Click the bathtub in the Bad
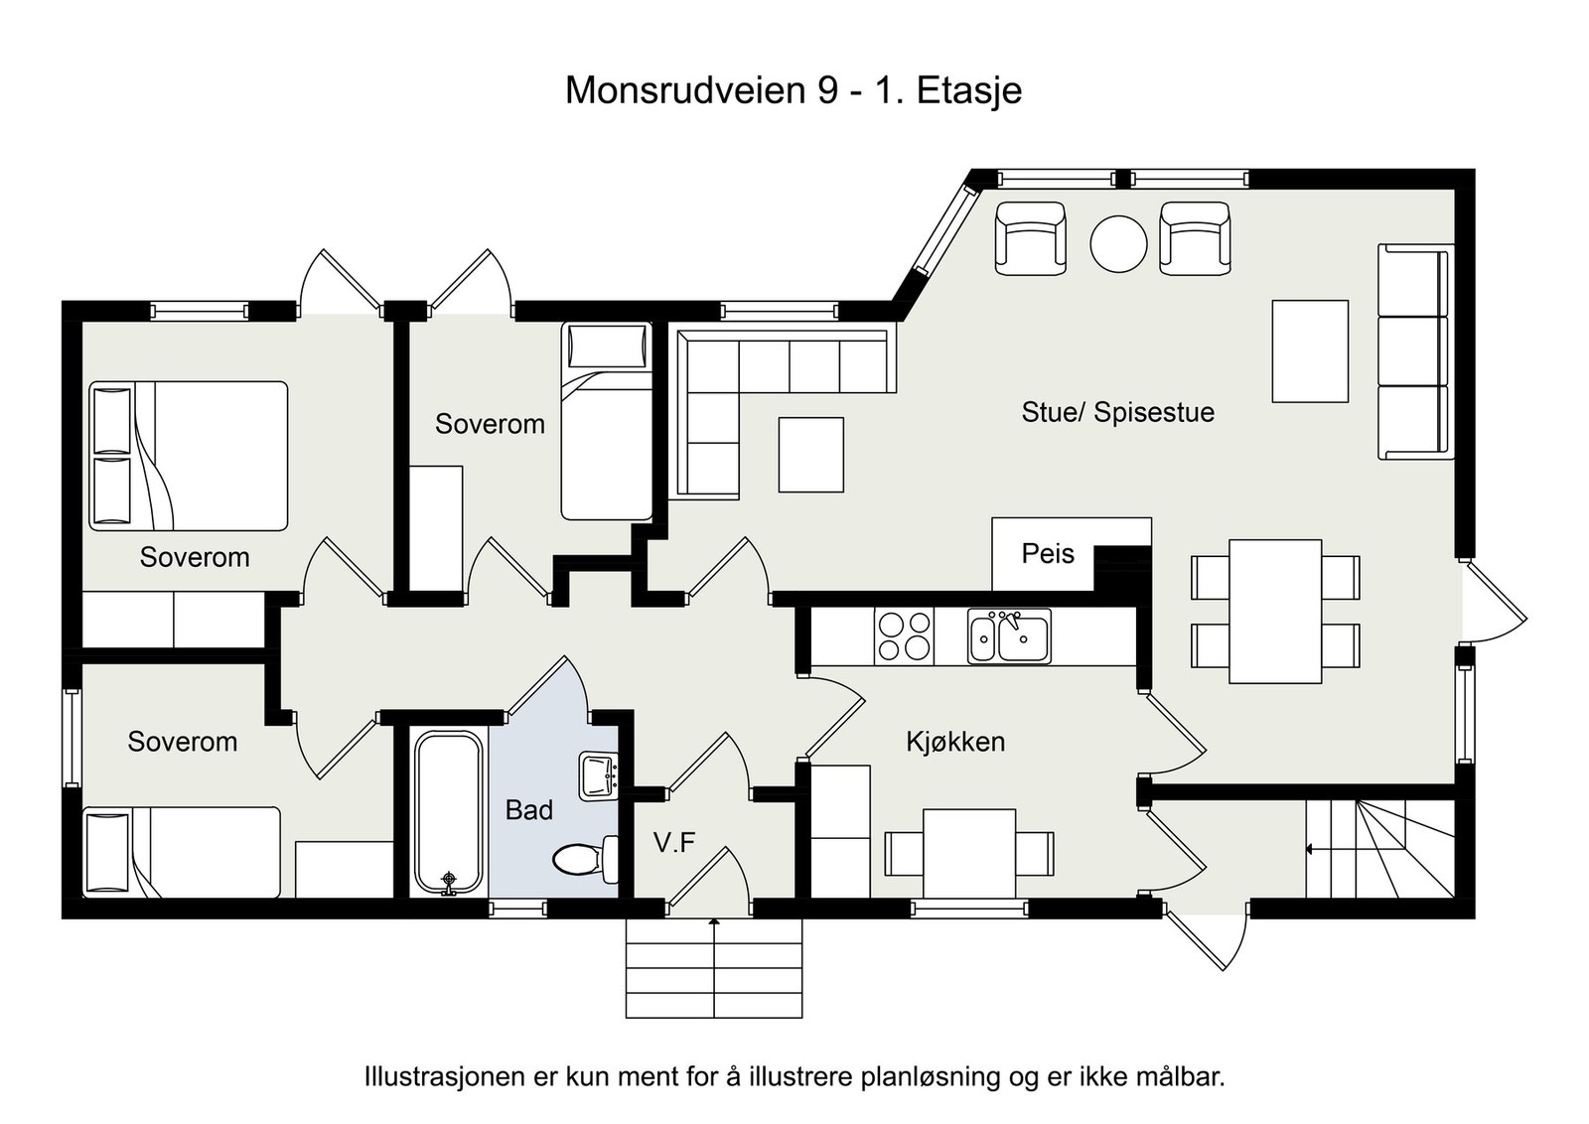449,812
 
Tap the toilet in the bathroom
581,859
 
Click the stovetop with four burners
904,636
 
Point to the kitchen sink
1009,636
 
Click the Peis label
1048,554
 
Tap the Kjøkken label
955,742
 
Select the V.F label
674,844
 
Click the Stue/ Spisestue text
1117,412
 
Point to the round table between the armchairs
1118,243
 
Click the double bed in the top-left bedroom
189,456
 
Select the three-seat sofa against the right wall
1414,351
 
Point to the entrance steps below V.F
713,968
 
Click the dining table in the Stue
1275,611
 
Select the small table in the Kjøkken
969,853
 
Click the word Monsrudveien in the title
685,90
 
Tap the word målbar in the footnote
1183,1076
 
